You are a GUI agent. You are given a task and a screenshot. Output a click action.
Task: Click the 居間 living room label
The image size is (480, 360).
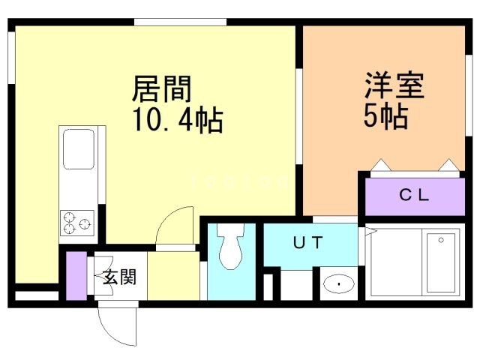pos(163,89)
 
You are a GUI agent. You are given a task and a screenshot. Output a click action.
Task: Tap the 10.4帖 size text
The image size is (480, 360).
pos(178,120)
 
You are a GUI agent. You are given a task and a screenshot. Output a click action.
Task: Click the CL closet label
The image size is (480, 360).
pos(413,196)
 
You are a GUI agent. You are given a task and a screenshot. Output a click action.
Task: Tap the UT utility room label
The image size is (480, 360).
pos(308,242)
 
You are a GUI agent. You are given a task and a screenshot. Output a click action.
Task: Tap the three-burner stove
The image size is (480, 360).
pos(77,223)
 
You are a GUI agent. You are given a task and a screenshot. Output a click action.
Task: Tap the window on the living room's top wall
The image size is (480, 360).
pos(180,22)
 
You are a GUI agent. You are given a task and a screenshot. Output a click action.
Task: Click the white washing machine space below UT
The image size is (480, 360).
pos(295,285)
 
